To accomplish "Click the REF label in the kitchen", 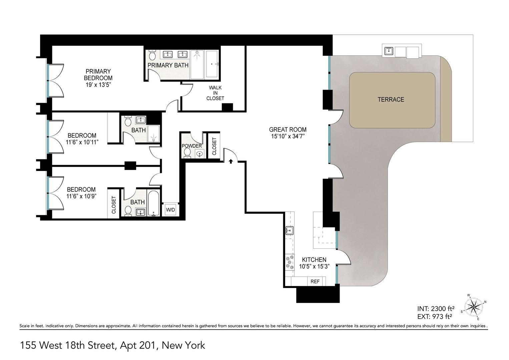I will [315, 282].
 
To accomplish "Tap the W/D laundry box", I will [170, 210].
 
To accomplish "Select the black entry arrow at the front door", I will [230, 162].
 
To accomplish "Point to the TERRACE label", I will [391, 99].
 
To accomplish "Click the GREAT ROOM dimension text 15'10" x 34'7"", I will [288, 136].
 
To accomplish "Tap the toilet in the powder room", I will [187, 153].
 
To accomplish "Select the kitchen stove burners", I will [290, 262].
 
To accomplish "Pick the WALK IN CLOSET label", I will [215, 93].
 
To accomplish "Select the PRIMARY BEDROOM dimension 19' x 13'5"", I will [98, 85].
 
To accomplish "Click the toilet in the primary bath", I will [152, 55].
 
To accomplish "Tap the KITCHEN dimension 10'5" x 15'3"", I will [314, 267].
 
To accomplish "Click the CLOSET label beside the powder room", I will [214, 146].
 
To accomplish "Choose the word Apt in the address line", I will [126, 345].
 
